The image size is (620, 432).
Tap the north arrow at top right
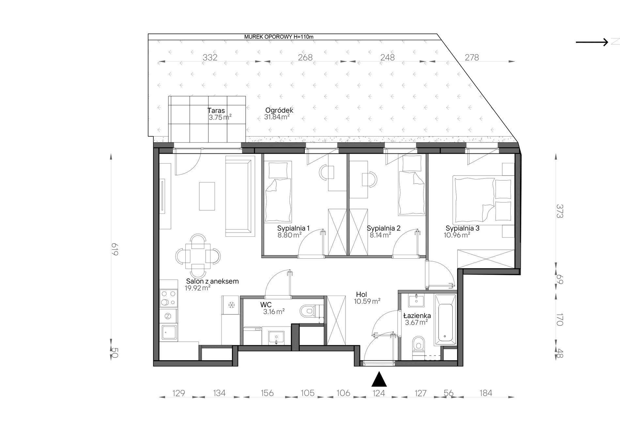click(x=592, y=42)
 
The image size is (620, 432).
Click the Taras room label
click(x=216, y=111)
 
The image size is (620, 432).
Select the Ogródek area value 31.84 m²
click(x=277, y=117)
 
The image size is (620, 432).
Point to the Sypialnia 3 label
click(x=462, y=228)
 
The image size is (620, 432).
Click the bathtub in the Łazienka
click(x=445, y=320)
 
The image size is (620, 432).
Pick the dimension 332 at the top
click(x=210, y=57)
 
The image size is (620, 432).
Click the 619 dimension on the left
click(x=114, y=249)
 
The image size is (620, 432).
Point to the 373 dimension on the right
click(x=560, y=211)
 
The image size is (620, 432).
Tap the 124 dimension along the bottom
click(x=379, y=393)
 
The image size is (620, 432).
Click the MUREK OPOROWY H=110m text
click(x=279, y=37)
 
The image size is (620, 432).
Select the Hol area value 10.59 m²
click(x=367, y=301)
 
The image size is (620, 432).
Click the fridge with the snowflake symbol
click(x=231, y=305)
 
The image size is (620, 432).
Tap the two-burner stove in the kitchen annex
click(x=168, y=298)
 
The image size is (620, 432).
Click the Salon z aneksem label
click(x=212, y=281)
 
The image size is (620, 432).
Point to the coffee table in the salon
click(x=207, y=196)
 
